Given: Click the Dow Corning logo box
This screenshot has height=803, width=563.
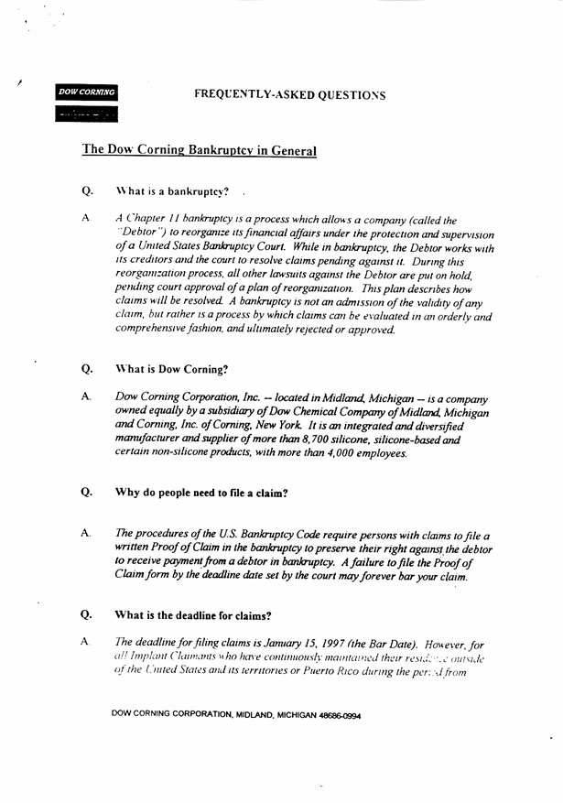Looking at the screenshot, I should point(86,92).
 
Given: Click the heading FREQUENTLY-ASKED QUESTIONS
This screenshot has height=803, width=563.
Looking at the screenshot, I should point(289,95).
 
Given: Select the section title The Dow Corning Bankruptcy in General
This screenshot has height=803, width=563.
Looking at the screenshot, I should point(200,150).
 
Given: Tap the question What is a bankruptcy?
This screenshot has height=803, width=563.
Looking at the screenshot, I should point(172,191).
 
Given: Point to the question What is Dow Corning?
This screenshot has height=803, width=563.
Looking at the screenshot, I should point(171,370).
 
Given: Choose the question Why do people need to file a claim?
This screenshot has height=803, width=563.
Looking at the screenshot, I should point(201,493).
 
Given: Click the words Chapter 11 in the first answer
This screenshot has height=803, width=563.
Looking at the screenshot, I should point(150,220).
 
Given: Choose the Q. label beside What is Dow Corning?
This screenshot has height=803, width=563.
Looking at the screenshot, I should point(87,370).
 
